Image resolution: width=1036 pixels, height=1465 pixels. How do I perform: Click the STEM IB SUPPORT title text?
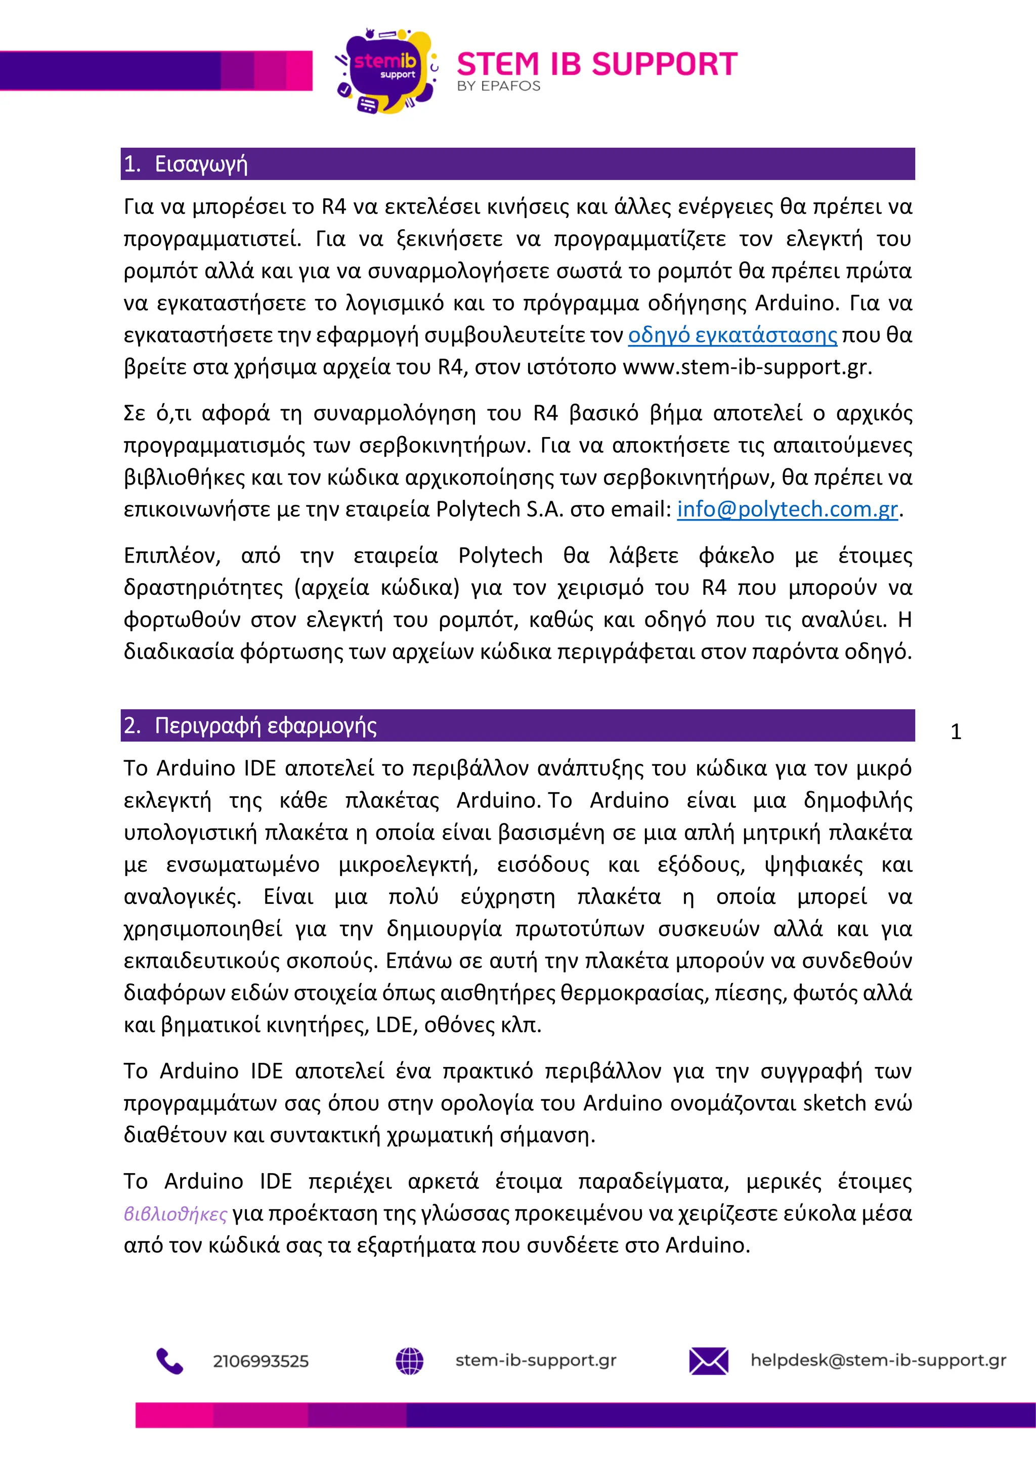[x=596, y=64]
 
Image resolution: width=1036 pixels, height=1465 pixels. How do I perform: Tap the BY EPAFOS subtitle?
[x=498, y=86]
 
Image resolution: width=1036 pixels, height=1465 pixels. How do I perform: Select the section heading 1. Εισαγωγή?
[x=186, y=164]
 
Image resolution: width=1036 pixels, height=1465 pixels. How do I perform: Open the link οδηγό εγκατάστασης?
[x=732, y=335]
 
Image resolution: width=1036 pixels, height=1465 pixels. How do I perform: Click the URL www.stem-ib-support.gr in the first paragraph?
[x=746, y=367]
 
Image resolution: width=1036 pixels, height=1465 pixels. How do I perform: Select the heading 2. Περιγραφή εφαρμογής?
[x=250, y=725]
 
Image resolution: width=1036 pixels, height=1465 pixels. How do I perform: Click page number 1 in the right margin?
[x=956, y=732]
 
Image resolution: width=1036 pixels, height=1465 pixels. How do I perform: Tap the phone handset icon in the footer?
[x=169, y=1361]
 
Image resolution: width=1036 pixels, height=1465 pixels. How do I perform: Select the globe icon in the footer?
[x=410, y=1361]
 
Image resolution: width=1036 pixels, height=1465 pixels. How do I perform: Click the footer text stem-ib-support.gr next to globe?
[x=536, y=1360]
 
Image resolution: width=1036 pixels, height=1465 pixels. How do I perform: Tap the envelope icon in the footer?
[x=708, y=1361]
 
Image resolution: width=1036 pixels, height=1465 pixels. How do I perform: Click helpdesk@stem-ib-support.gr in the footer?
[x=878, y=1360]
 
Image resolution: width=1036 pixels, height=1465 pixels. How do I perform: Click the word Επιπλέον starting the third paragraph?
[x=171, y=556]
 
